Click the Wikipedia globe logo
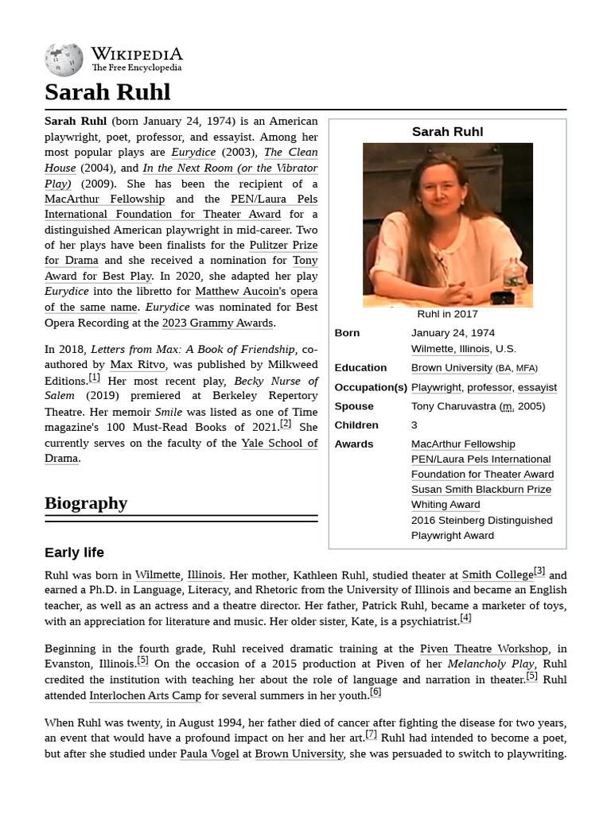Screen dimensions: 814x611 point(64,60)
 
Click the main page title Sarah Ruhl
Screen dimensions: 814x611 point(107,92)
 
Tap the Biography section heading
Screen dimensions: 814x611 point(86,503)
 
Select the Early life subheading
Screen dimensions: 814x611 point(74,552)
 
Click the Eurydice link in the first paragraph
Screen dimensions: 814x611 point(193,153)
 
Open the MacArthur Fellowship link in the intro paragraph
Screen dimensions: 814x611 point(104,199)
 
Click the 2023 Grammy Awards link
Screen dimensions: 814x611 point(218,323)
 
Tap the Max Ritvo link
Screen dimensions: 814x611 point(138,365)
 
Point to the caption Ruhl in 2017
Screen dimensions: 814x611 point(447,314)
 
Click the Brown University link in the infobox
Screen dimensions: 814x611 point(451,368)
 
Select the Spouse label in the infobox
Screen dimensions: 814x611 point(354,406)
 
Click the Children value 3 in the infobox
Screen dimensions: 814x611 point(414,425)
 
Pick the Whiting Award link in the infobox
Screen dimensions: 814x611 point(446,505)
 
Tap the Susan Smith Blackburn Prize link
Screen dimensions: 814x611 point(481,490)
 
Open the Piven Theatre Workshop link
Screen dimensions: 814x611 point(484,649)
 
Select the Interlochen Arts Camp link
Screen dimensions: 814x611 point(145,696)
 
